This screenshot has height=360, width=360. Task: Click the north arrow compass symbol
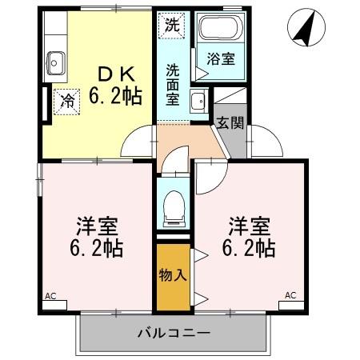[x=302, y=27]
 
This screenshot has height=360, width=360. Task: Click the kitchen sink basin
[x=55, y=60]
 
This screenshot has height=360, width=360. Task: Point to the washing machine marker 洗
[x=172, y=25]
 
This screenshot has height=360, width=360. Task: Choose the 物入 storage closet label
[x=173, y=276]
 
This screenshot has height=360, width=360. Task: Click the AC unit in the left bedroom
[x=56, y=302]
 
